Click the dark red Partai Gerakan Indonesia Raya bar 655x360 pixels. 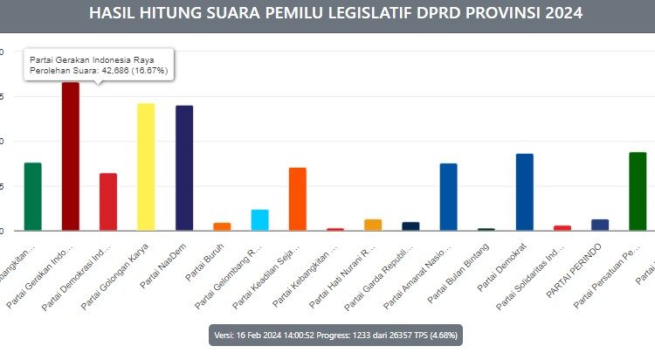70,157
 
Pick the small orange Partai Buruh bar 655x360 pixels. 222,226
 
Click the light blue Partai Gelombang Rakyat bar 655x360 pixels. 259,220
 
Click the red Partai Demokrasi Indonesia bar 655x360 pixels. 108,202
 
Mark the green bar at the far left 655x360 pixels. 32,197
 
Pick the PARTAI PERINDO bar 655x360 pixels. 599,225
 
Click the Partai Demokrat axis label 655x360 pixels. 503,267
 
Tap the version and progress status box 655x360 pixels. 335,336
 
